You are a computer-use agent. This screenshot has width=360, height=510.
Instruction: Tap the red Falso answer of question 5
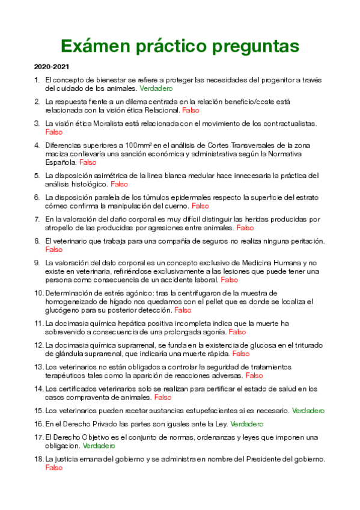tap(120, 184)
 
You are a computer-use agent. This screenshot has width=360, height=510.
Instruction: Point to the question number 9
tap(37, 263)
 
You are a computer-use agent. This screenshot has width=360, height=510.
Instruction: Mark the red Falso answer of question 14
tap(163, 398)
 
